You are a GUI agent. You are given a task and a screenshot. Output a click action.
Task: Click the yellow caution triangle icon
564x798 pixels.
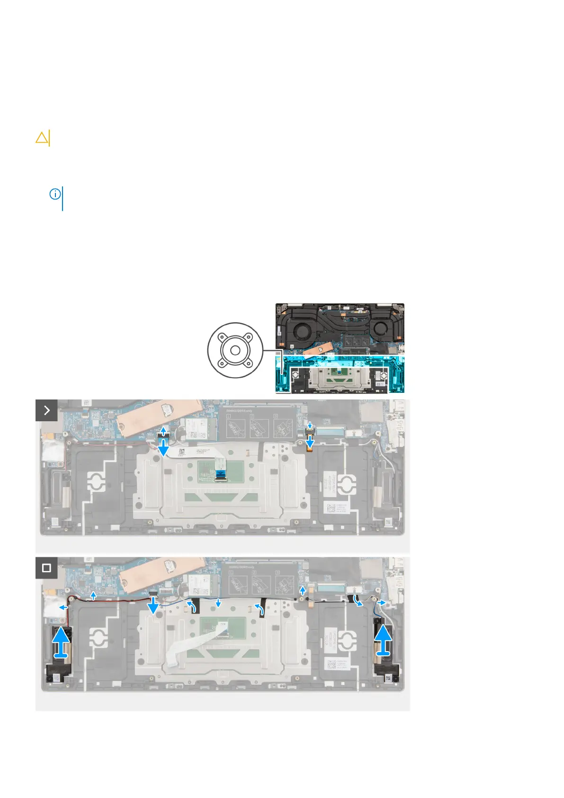[42, 138]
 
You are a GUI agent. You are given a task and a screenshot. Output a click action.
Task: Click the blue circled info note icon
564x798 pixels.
[55, 194]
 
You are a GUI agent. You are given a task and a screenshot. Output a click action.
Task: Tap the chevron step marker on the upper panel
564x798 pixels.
[46, 410]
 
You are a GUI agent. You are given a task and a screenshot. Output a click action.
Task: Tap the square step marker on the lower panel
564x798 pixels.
[46, 568]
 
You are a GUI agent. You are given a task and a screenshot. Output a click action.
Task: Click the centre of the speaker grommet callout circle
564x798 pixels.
[235, 351]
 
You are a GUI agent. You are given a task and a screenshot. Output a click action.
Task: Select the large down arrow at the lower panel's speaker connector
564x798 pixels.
[153, 605]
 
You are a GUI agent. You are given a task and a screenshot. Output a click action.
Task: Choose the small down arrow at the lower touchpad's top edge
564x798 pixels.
[217, 603]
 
